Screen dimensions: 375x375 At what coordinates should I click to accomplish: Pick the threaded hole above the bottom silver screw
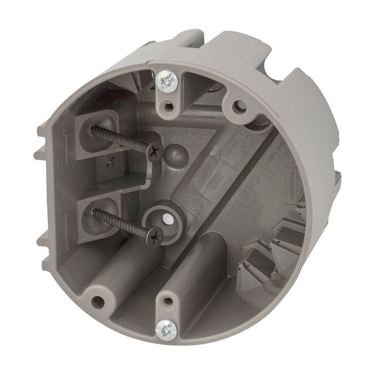pyautogui.click(x=165, y=300)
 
